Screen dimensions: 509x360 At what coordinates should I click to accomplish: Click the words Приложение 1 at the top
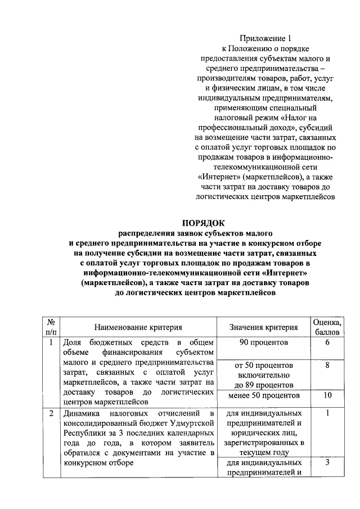[x=267, y=39]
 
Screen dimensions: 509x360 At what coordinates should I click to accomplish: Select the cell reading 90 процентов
[x=263, y=343]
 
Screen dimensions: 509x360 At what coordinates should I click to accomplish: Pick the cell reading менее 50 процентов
[x=263, y=395]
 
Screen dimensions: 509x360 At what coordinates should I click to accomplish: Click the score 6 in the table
[x=327, y=343]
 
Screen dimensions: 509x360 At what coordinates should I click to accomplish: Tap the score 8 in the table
[x=327, y=365]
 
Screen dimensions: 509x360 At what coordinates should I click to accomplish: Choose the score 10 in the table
[x=327, y=395]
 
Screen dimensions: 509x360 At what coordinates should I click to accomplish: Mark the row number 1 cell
[x=51, y=343]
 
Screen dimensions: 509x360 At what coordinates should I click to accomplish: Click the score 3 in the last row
[x=327, y=462]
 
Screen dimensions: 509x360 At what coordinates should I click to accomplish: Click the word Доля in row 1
[x=72, y=343]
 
